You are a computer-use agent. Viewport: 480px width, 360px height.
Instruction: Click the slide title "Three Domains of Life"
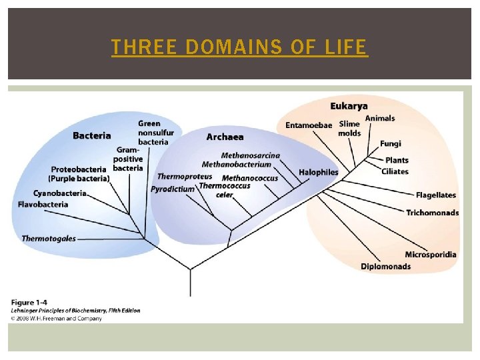tap(239, 47)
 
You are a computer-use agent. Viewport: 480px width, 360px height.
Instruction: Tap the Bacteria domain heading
tap(92, 136)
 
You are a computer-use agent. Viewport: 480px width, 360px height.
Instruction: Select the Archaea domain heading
tap(225, 137)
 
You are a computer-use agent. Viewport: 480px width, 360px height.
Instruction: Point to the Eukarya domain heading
tap(349, 107)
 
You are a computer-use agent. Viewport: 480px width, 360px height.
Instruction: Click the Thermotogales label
tap(49, 239)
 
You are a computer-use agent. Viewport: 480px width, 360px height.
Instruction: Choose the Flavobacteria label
tap(43, 205)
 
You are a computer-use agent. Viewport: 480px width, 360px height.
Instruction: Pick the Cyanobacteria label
tap(61, 193)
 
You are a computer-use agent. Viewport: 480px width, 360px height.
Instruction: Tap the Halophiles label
tap(319, 172)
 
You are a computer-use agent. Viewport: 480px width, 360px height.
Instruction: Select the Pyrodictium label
tap(173, 189)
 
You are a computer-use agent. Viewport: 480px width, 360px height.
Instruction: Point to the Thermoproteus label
tap(185, 177)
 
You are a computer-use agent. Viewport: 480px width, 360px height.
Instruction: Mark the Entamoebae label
tap(309, 125)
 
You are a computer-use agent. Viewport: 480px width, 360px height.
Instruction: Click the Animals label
tap(380, 119)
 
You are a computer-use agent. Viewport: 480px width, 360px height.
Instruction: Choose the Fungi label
tap(391, 143)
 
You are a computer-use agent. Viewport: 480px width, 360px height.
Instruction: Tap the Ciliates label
tap(395, 172)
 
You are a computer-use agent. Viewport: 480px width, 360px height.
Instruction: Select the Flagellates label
tap(436, 195)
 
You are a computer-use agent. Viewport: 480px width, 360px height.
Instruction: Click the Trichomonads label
tap(433, 213)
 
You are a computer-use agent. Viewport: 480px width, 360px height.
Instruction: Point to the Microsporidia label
tap(431, 255)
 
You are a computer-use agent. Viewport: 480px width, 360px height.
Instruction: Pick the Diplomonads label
tap(386, 267)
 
